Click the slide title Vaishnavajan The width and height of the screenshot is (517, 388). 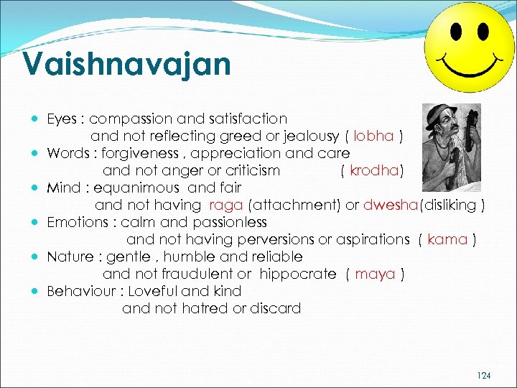tap(126, 64)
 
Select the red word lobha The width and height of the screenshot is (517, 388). tap(373, 136)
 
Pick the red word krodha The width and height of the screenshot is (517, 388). tap(373, 170)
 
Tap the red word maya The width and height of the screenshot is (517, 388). tap(375, 274)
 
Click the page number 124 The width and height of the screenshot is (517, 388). tap(485, 376)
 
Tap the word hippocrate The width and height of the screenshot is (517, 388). tap(297, 274)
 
